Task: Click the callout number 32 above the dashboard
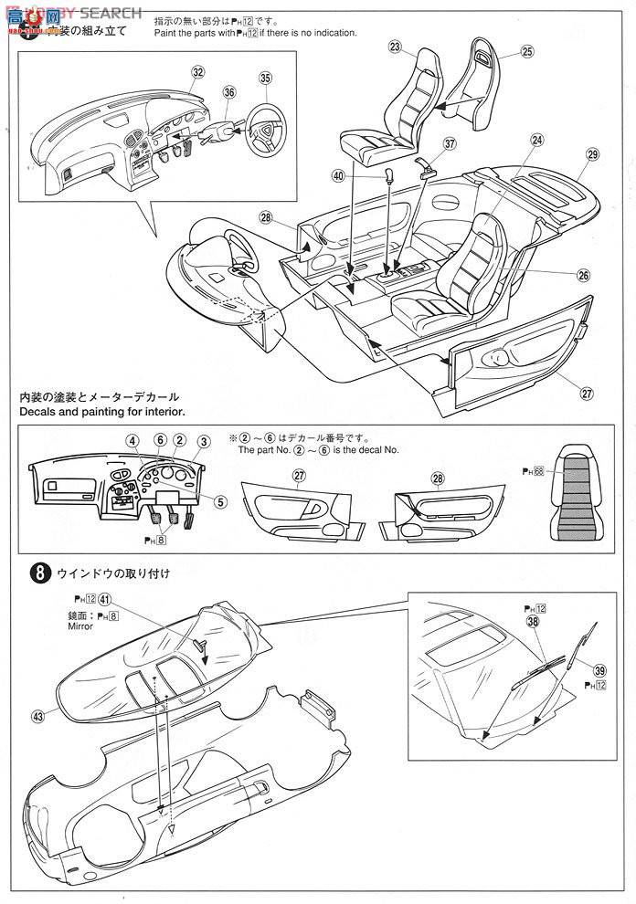coord(198,71)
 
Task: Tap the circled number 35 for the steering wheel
coord(265,79)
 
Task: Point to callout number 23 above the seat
coord(395,46)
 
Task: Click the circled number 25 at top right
coord(527,52)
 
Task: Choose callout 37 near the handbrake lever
coord(449,143)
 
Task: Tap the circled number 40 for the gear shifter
coord(365,175)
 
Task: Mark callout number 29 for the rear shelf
coord(592,156)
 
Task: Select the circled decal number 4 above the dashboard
coord(132,441)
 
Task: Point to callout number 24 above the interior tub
coord(536,140)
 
